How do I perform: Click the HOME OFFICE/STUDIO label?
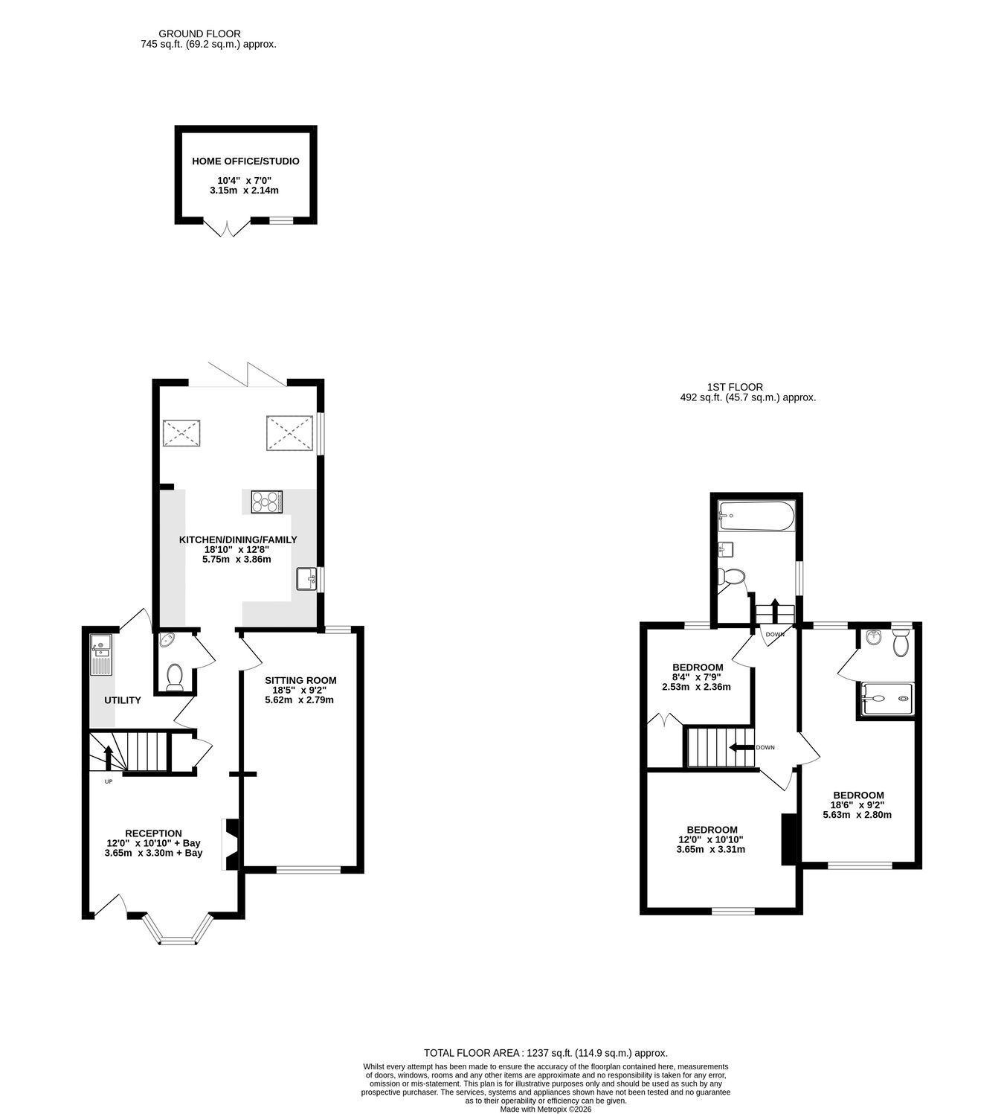(245, 161)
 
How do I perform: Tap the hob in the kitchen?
(266, 502)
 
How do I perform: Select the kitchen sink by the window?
(306, 579)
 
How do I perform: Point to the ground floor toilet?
(175, 677)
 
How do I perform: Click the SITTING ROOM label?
(300, 680)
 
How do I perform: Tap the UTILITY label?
(123, 700)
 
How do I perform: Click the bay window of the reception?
(178, 928)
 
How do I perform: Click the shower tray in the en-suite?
(887, 699)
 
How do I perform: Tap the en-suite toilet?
(900, 643)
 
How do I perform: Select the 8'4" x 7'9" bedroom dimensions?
(696, 677)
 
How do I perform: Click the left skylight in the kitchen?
(181, 433)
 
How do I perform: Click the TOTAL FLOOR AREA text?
(546, 1053)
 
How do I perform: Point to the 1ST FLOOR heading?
(735, 387)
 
